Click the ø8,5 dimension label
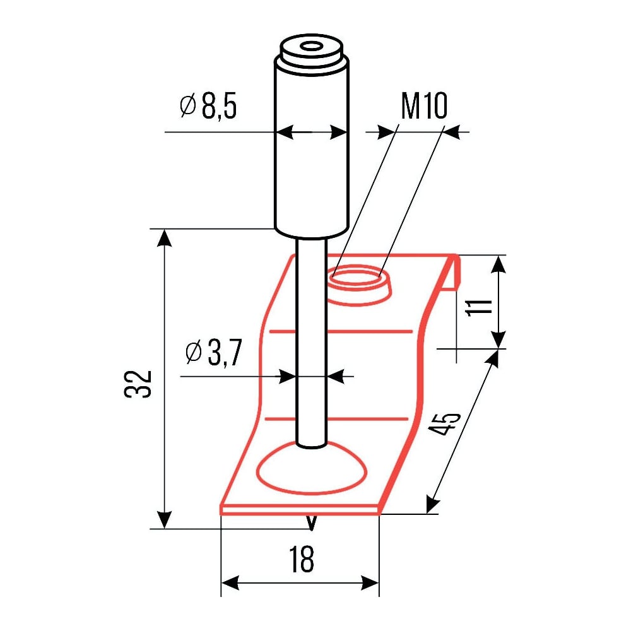click(x=208, y=107)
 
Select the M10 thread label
click(x=424, y=106)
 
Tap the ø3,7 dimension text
click(x=214, y=352)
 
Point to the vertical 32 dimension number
click(x=138, y=384)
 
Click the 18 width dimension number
click(x=302, y=558)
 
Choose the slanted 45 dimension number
click(x=444, y=424)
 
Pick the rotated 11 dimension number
click(x=479, y=307)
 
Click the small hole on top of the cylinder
click(x=311, y=47)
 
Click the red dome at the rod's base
click(x=311, y=468)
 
